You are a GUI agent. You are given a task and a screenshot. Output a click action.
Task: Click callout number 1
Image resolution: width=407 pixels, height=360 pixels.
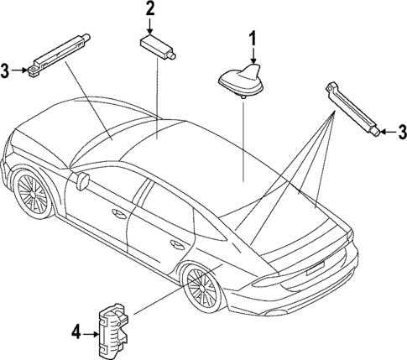pyautogui.click(x=252, y=37)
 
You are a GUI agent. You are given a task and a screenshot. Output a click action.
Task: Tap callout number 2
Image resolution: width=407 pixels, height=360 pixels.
pyautogui.click(x=150, y=9)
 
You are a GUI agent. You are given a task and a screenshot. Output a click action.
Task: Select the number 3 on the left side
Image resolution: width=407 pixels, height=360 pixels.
pyautogui.click(x=7, y=69)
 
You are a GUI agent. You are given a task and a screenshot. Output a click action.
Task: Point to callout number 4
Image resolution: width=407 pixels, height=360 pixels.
pyautogui.click(x=76, y=333)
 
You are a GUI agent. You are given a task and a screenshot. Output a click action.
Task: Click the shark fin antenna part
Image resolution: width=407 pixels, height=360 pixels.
pyautogui.click(x=240, y=79)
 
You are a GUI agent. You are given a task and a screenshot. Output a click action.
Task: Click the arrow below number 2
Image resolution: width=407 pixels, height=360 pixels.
pyautogui.click(x=150, y=25)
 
